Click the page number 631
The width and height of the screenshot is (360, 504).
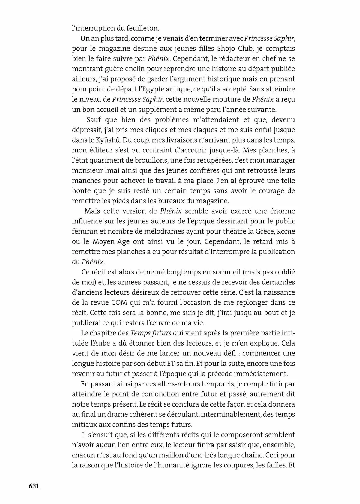(34, 486)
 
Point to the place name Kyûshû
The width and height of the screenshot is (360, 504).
(104, 140)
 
